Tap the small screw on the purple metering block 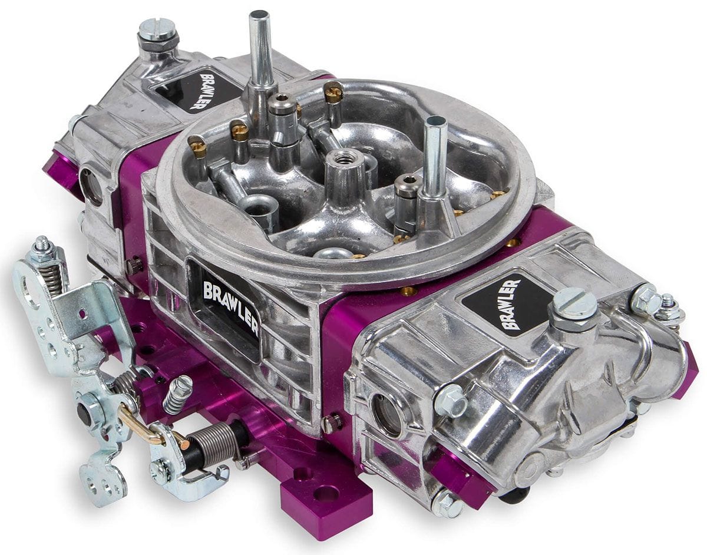click(332, 423)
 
